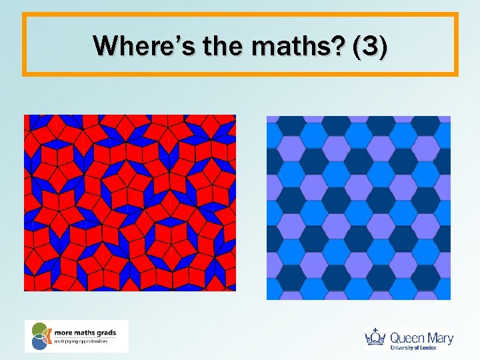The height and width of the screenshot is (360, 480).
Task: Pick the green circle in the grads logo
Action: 39,329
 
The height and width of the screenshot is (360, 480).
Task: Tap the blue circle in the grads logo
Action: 39,343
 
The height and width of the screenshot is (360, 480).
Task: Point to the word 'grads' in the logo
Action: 106,331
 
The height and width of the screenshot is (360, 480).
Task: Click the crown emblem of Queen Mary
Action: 375,338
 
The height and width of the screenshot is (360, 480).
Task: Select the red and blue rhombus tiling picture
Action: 130,203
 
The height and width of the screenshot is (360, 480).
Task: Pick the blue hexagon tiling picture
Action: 359,207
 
